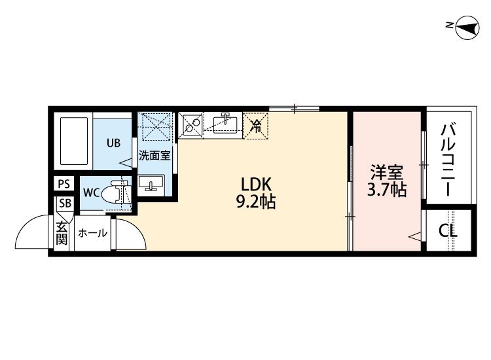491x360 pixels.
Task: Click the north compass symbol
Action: click(x=467, y=28)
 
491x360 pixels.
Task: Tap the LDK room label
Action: click(x=256, y=185)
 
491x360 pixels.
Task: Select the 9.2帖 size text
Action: click(x=256, y=202)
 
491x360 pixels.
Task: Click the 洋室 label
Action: click(x=387, y=173)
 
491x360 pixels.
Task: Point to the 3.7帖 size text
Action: click(x=387, y=189)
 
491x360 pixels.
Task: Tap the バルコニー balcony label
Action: click(x=448, y=160)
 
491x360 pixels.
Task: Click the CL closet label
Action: click(x=448, y=231)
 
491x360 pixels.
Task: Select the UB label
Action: click(x=113, y=143)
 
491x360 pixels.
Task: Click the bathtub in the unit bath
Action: click(x=74, y=141)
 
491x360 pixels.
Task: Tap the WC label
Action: click(x=92, y=192)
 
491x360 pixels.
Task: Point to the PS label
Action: click(x=64, y=184)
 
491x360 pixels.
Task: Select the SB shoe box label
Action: click(x=65, y=203)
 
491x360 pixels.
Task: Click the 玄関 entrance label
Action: click(x=62, y=233)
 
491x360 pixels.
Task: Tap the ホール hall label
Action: click(x=92, y=233)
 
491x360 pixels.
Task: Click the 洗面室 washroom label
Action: click(x=155, y=155)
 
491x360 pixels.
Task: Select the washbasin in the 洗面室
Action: click(x=151, y=183)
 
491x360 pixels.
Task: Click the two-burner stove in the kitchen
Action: click(x=191, y=125)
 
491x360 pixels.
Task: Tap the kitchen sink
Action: click(x=225, y=124)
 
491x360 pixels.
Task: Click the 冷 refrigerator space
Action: click(x=256, y=126)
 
